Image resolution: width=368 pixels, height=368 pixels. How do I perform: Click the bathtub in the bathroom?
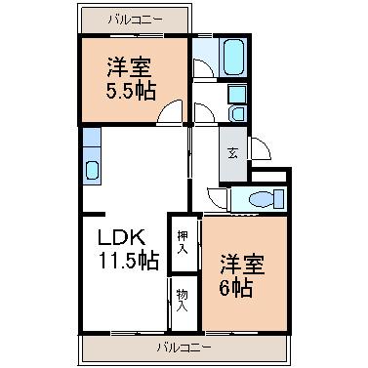coord(234,58)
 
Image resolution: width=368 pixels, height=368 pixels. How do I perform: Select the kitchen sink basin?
coord(92,170)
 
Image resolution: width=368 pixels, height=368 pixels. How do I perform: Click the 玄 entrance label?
coord(232,153)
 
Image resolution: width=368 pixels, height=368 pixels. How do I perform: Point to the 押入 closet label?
coord(183,242)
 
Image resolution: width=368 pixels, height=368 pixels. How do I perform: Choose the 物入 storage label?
coord(183,301)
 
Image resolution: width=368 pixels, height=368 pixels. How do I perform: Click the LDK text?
coord(122,238)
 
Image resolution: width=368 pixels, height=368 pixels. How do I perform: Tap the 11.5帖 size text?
coord(129,261)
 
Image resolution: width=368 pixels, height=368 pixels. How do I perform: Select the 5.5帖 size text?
coord(131,91)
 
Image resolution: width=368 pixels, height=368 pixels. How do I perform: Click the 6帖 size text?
coord(236,288)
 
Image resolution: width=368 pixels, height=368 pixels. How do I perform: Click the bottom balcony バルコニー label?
coord(184,348)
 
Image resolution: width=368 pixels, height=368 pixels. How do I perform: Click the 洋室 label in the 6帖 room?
coord(243,265)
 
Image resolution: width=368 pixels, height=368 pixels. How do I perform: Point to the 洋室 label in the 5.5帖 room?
coord(130,67)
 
